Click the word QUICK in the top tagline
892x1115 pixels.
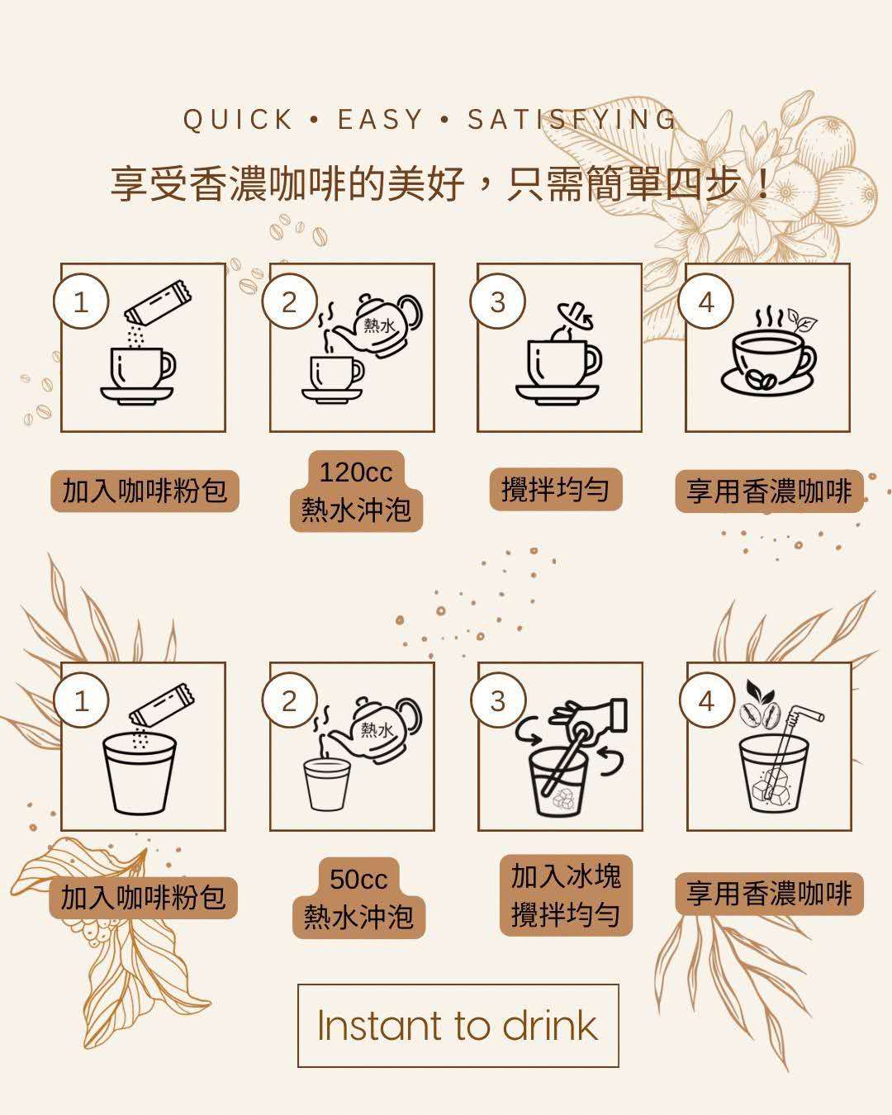pos(238,120)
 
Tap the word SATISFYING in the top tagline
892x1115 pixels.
pos(572,120)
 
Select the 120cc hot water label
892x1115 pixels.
pos(356,491)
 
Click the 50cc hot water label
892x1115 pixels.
pos(358,898)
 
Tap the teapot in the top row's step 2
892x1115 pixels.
pos(378,325)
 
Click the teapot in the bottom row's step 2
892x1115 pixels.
pos(377,729)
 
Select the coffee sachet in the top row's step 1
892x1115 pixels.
pos(158,301)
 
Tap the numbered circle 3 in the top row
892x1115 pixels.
pos(497,301)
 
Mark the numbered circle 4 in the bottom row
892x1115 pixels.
pos(707,700)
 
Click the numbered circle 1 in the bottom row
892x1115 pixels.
pos(81,700)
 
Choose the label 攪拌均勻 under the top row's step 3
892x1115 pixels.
pos(556,490)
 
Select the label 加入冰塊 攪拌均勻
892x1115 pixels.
pos(566,895)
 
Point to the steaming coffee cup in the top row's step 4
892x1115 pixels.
pos(769,353)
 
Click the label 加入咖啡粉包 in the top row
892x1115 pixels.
pos(145,491)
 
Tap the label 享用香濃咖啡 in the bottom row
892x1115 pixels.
pos(769,894)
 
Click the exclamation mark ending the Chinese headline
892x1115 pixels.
pos(763,184)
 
